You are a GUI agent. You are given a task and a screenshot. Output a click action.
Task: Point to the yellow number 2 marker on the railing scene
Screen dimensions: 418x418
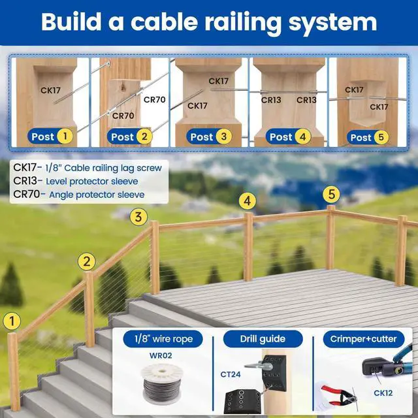click(x=87, y=262)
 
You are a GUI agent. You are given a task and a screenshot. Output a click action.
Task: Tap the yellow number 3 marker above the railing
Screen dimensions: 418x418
click(x=138, y=217)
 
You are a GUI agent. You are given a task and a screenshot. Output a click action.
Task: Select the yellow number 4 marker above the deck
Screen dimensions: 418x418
click(x=247, y=201)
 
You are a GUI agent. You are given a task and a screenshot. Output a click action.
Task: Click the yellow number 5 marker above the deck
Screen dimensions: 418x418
click(x=332, y=194)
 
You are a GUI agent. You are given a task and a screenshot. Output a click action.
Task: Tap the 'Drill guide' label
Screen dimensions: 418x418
click(x=263, y=339)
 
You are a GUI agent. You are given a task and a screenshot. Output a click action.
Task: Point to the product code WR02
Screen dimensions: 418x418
click(x=154, y=357)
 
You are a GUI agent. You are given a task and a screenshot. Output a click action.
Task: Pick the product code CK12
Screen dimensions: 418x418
click(x=383, y=393)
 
